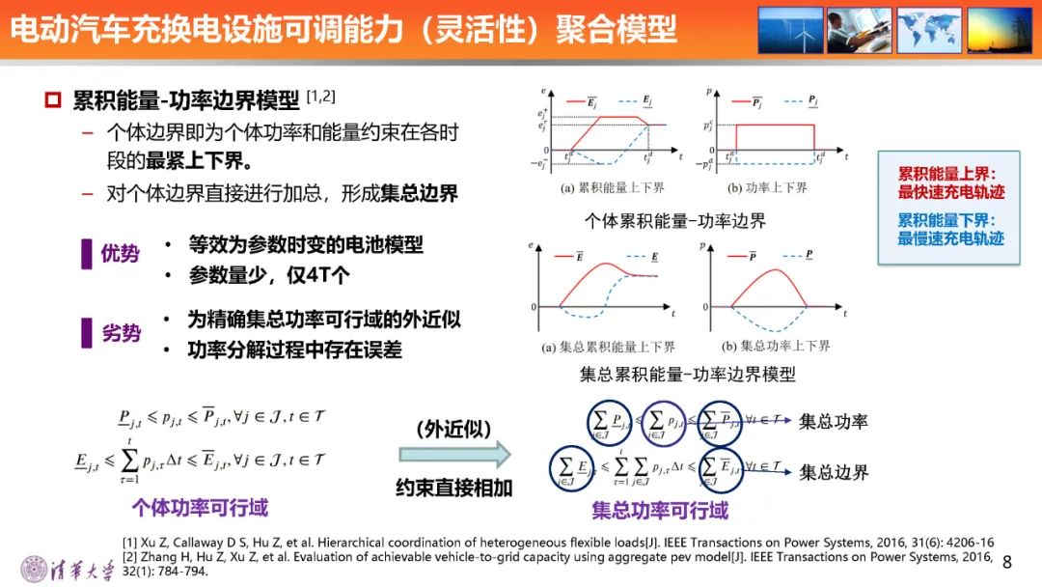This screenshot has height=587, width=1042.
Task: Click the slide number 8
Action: click(1007, 562)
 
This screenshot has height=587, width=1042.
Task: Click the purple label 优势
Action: click(120, 254)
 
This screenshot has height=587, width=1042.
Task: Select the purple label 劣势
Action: click(120, 333)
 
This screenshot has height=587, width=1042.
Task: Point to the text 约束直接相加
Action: click(453, 488)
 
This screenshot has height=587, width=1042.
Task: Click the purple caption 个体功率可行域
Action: click(200, 507)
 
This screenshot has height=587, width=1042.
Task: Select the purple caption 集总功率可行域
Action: click(660, 510)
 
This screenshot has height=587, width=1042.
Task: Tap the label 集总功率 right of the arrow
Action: click(834, 421)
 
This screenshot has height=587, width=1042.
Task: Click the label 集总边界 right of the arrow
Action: click(834, 472)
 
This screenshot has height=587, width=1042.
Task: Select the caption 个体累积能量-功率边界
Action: click(675, 221)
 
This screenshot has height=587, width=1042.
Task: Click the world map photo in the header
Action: click(929, 30)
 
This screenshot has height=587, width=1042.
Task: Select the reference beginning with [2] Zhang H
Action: click(482, 563)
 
